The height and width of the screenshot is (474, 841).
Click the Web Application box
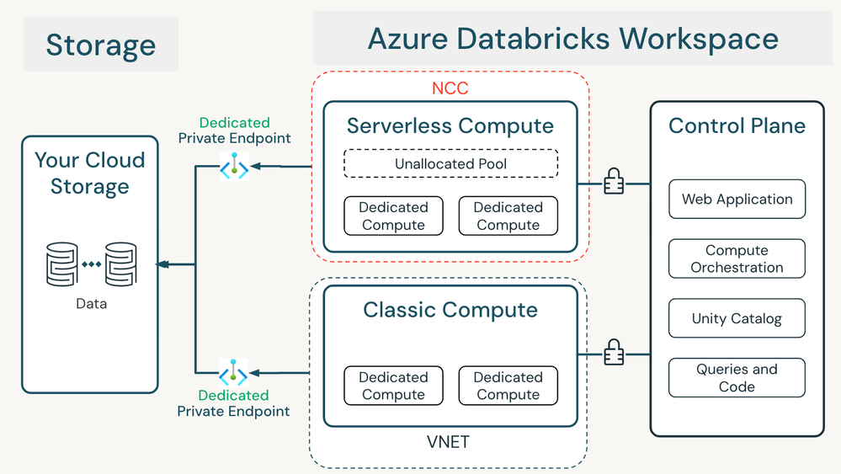(737, 200)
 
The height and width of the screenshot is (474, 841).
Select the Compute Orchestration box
(737, 259)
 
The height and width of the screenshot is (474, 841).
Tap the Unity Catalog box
(737, 318)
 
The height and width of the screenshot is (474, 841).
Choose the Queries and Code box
(737, 378)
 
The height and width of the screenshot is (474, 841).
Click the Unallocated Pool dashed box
(450, 163)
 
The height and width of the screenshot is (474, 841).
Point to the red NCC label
(450, 88)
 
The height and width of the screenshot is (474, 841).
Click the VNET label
(449, 440)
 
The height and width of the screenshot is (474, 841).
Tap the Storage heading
(100, 45)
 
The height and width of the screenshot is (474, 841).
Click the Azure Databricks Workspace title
(572, 39)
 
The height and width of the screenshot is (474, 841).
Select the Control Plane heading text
(737, 126)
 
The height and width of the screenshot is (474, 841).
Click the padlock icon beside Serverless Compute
(614, 183)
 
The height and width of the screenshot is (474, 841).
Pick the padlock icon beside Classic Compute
(614, 353)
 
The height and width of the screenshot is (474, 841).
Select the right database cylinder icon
(120, 264)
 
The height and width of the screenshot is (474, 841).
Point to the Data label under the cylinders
(91, 303)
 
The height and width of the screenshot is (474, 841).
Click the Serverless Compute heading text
(450, 126)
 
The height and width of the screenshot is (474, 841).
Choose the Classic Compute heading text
(450, 310)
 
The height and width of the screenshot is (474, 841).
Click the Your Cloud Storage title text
(90, 173)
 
